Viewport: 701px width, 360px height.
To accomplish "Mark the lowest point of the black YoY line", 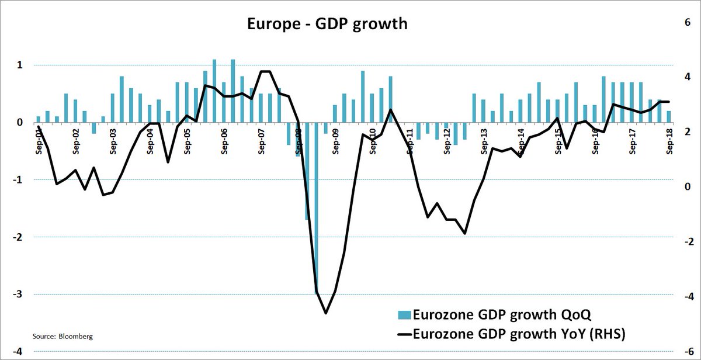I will [x=325, y=313].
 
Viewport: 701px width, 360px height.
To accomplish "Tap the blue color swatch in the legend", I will [x=404, y=315].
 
